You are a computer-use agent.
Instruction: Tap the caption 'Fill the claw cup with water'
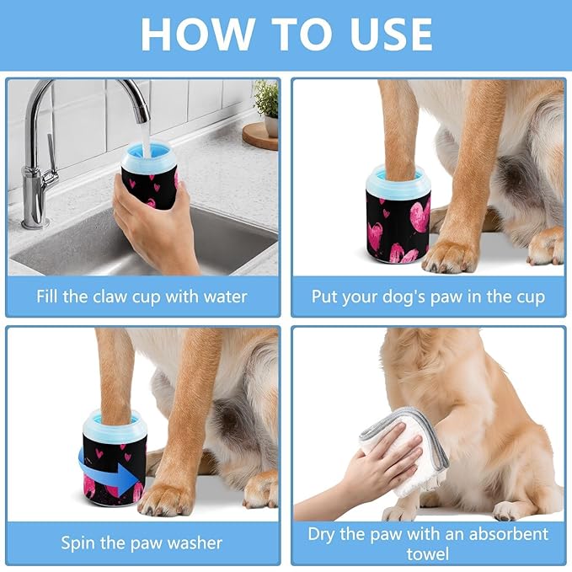(142, 297)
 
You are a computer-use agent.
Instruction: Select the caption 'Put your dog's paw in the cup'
(428, 297)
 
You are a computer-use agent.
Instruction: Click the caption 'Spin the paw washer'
(142, 543)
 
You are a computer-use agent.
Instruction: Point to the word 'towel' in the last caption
(428, 553)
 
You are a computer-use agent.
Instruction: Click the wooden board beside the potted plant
(259, 136)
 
